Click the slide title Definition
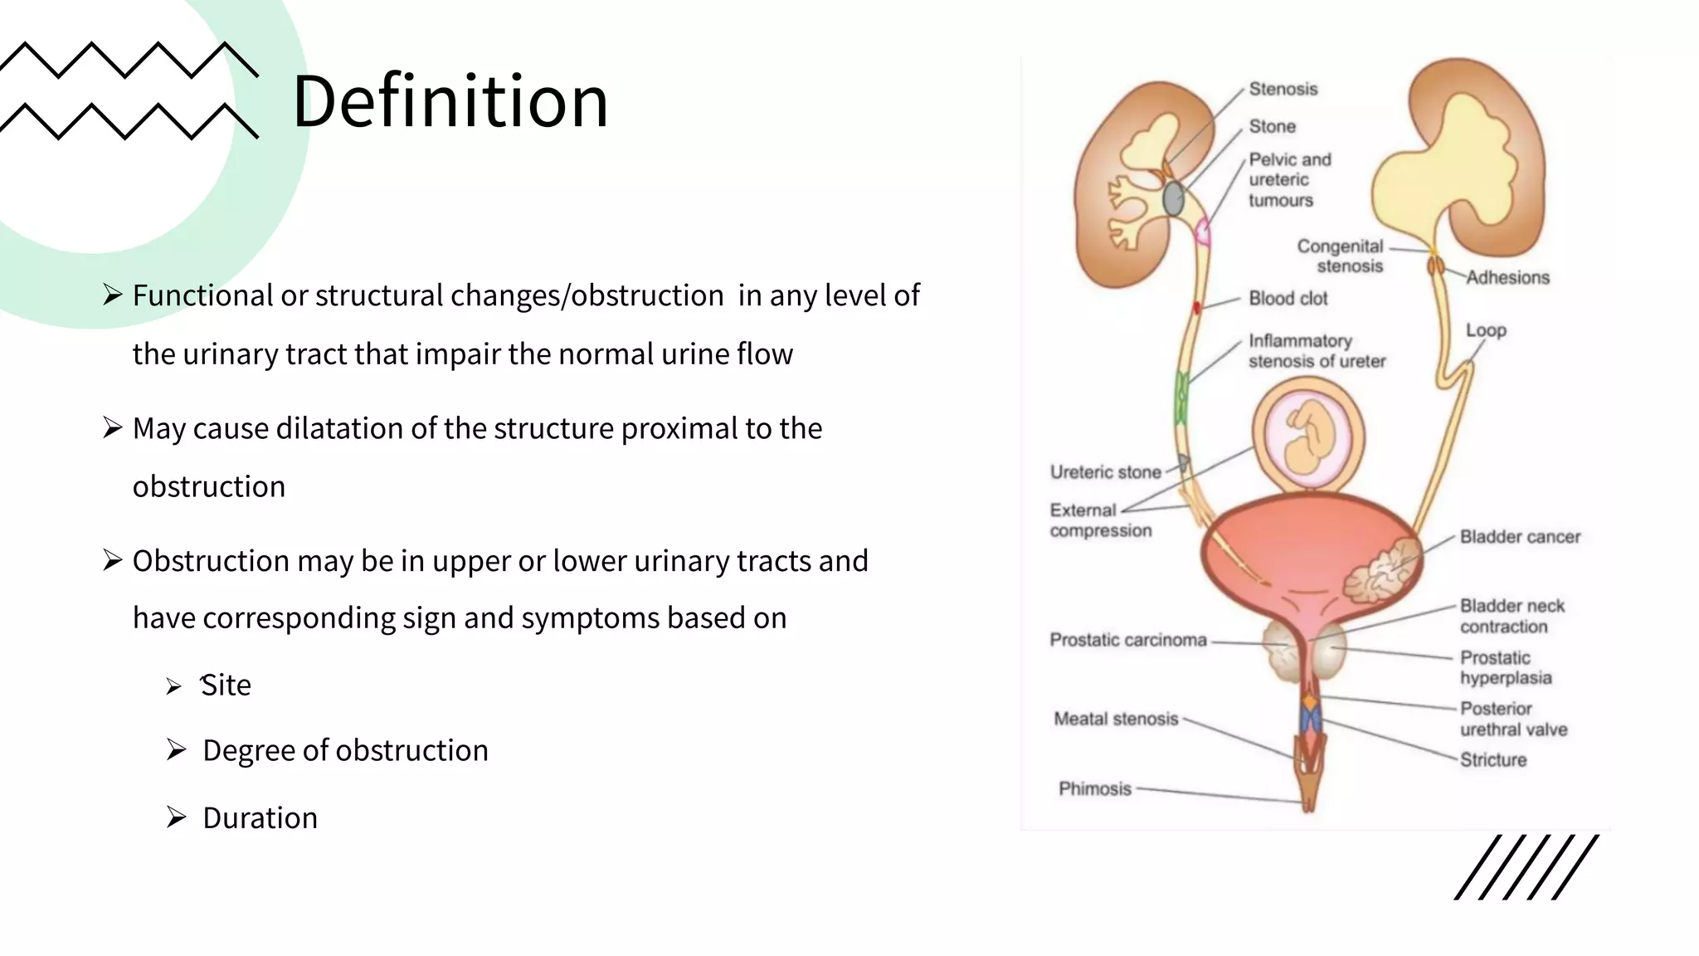pos(450,101)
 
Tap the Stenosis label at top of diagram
pos(1283,89)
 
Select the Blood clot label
pos(1288,298)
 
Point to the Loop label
pos(1485,330)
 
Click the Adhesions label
pos(1507,277)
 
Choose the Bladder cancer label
pos(1520,537)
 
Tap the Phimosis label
pos(1094,788)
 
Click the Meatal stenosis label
pos(1115,719)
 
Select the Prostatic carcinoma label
pos(1127,640)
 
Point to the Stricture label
pos(1492,760)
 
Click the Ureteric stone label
pos(1105,472)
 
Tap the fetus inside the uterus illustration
pos(1308,438)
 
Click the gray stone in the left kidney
pos(1173,198)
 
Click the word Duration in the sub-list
pos(260,818)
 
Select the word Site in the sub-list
pos(226,685)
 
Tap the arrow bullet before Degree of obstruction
pos(176,750)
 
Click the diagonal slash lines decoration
pos(1526,867)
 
